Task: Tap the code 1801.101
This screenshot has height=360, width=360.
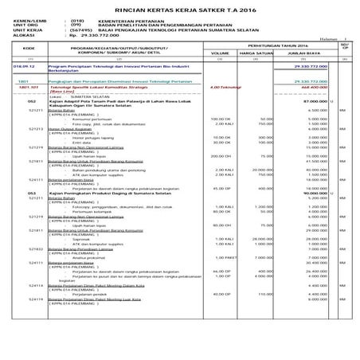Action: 24,86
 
